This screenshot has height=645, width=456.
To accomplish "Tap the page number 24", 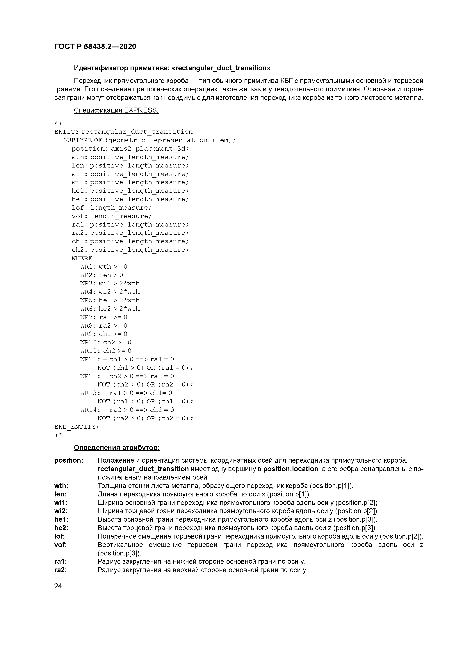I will point(58,586).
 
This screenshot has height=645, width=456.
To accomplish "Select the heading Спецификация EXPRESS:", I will point(116,110).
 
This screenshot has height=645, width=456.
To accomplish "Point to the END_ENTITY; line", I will point(76,427).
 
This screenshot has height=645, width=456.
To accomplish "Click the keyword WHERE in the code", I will point(82,258).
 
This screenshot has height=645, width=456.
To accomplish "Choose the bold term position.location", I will point(291,469).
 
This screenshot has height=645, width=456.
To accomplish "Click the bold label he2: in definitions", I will point(61,528).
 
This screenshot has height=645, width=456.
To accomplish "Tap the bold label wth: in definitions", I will point(61,486).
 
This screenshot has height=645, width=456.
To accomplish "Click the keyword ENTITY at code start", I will point(66,132).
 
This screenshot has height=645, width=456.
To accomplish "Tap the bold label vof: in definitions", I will point(60,545).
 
